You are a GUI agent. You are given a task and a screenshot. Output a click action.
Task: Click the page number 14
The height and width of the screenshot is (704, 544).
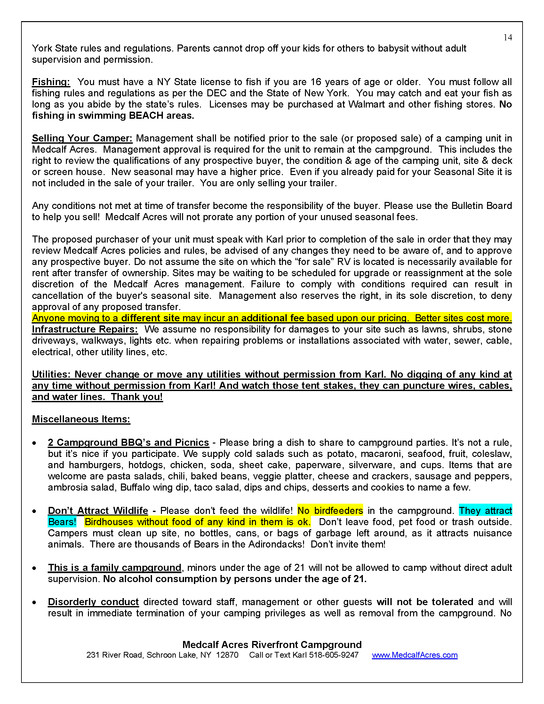(x=508, y=37)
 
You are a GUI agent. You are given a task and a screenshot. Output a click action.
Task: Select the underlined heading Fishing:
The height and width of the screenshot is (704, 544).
(x=51, y=82)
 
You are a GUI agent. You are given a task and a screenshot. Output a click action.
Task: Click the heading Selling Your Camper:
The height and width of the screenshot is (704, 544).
(x=82, y=138)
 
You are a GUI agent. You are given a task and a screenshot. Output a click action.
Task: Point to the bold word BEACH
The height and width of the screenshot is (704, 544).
(x=146, y=116)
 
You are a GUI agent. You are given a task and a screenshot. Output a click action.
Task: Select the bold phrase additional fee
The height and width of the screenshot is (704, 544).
(x=272, y=318)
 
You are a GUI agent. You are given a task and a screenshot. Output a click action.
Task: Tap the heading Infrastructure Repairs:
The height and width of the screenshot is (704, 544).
(x=85, y=329)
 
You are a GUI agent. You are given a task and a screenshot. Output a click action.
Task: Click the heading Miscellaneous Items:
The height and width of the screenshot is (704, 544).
(x=81, y=419)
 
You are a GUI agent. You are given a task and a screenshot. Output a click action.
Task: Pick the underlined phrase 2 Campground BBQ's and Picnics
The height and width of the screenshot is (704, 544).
(x=128, y=443)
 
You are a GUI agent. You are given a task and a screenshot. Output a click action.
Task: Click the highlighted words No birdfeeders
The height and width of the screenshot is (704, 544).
(x=330, y=511)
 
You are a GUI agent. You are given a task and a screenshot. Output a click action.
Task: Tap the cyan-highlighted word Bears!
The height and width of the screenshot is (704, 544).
(x=62, y=522)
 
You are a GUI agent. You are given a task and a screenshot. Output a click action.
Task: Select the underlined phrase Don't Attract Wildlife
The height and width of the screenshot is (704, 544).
(x=98, y=511)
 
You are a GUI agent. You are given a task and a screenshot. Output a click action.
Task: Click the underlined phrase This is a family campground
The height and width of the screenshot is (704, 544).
(x=115, y=568)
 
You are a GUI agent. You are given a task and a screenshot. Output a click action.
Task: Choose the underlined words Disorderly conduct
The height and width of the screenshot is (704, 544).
(x=93, y=602)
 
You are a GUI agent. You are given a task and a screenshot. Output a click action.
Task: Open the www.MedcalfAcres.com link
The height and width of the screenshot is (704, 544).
(x=414, y=655)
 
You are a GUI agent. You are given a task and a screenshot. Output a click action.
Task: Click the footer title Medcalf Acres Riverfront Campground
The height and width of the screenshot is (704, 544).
(x=272, y=644)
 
